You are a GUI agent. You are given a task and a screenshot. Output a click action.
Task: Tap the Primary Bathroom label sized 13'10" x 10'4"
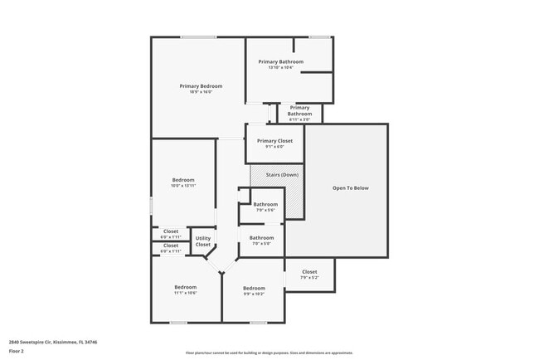pos(280,61)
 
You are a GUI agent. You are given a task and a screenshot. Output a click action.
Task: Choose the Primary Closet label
pos(274,141)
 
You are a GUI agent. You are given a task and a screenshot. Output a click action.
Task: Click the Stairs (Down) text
pos(282,175)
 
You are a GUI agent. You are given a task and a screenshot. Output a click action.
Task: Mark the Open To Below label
pos(350,188)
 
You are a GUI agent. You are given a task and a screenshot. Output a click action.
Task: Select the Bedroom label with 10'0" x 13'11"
pos(183,180)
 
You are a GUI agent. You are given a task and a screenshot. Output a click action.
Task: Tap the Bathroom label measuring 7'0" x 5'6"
pos(265,204)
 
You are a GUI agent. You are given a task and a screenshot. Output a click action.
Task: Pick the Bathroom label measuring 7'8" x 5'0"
pos(261,238)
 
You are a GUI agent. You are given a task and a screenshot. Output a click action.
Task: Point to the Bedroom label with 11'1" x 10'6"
pos(185,287)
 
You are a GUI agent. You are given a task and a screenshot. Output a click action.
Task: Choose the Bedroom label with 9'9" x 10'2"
pos(254,288)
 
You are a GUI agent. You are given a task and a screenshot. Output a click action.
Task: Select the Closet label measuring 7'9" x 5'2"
pos(309,272)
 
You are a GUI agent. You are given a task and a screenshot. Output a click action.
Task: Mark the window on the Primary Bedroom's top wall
pos(198,36)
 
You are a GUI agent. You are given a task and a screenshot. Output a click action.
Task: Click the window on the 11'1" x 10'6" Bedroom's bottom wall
pos(178,323)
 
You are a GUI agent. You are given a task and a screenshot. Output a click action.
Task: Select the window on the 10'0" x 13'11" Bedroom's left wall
pos(151,205)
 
